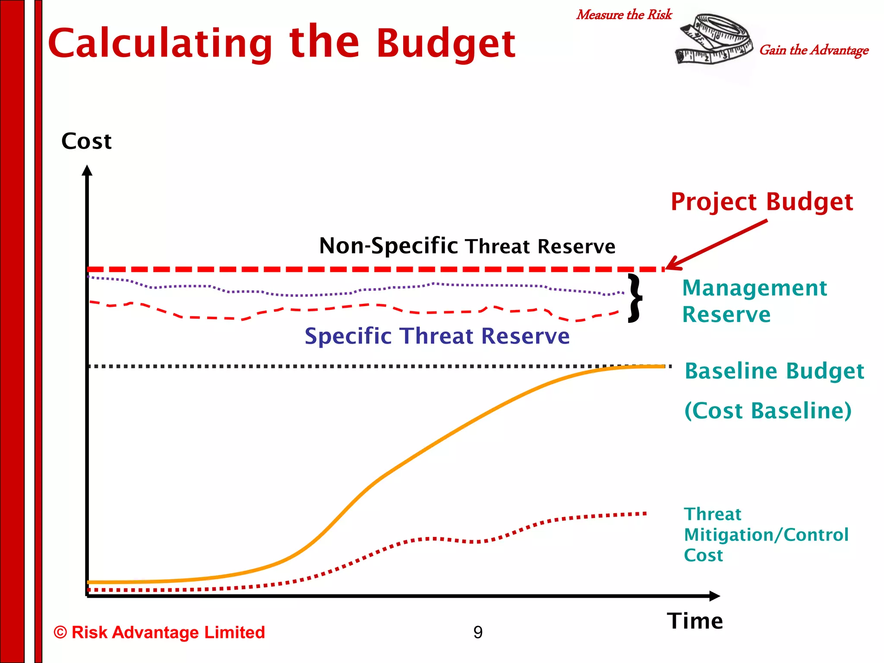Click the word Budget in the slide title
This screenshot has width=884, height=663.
(445, 43)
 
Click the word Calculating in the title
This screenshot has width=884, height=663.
(160, 43)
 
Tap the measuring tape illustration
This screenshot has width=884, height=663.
(714, 40)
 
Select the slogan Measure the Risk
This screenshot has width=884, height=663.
(624, 15)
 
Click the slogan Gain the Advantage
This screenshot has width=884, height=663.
(814, 50)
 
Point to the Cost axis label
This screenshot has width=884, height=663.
(86, 141)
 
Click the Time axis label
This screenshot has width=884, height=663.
(695, 621)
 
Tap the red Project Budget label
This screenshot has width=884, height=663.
(761, 202)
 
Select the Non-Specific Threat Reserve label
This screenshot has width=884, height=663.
(467, 246)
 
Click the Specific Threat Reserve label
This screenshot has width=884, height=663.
(437, 336)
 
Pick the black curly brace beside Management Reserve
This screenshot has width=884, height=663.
(634, 298)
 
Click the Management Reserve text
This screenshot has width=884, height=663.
(754, 301)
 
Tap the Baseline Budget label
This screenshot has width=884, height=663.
(774, 371)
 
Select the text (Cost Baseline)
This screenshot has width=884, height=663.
(768, 410)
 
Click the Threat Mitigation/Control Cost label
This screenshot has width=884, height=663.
(766, 535)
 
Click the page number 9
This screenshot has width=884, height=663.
(478, 632)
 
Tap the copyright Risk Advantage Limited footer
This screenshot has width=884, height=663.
(159, 632)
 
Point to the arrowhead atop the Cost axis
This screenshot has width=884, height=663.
(87, 170)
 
